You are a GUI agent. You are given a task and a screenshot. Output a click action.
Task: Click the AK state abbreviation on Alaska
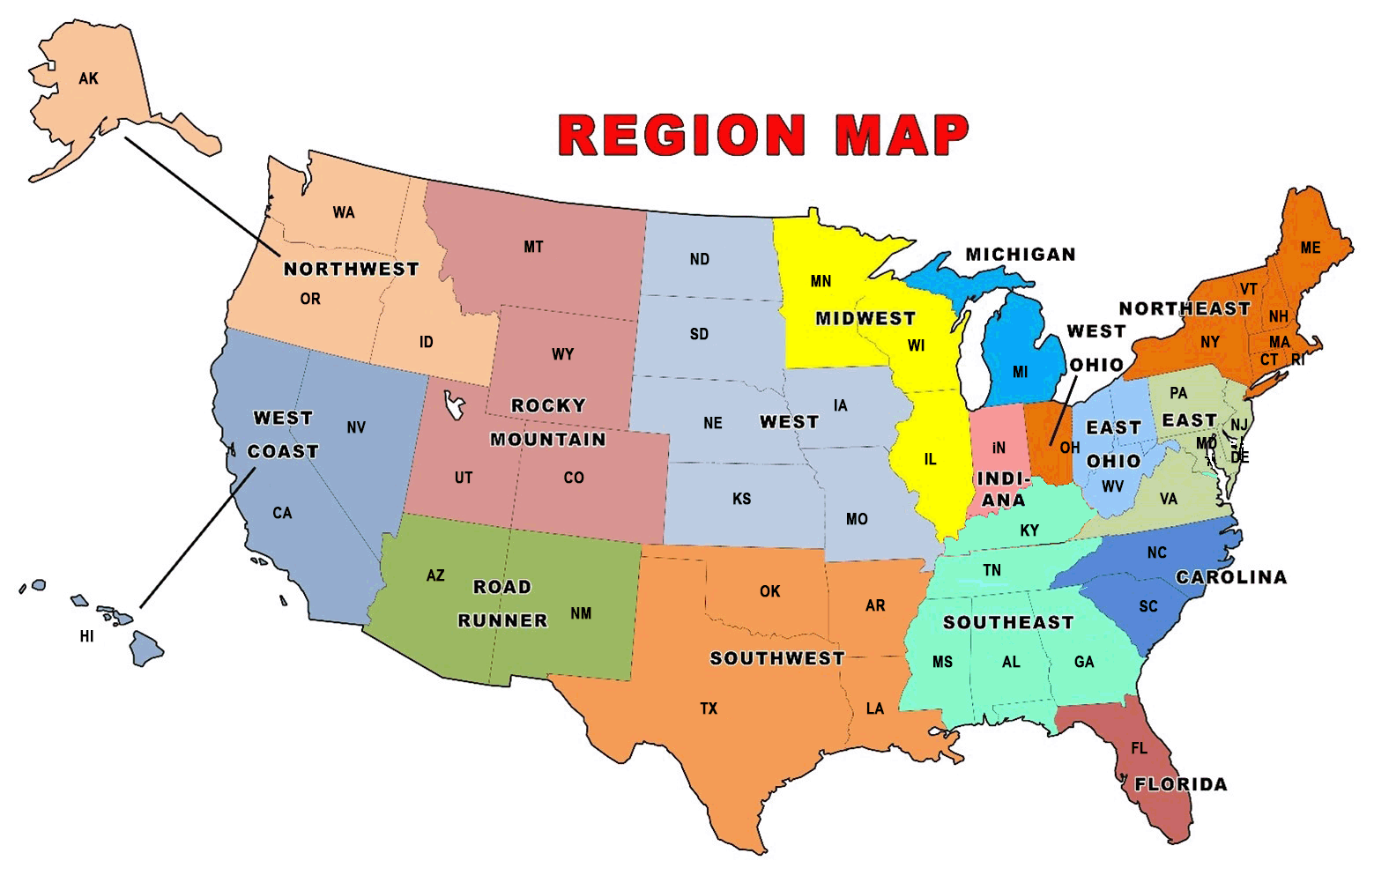pyautogui.click(x=88, y=79)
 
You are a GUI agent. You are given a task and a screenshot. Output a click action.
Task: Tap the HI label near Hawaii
pyautogui.click(x=86, y=636)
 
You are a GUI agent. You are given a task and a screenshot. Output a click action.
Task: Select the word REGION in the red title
pyautogui.click(x=681, y=135)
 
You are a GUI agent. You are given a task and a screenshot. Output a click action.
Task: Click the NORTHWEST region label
pyautogui.click(x=351, y=269)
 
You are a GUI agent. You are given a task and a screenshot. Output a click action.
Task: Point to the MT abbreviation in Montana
pyautogui.click(x=533, y=248)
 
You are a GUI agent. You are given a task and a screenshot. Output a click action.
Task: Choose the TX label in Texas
pyautogui.click(x=709, y=708)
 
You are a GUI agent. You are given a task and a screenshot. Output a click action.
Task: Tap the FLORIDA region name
pyautogui.click(x=1180, y=784)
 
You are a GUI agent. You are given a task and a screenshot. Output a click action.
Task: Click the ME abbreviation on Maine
pyautogui.click(x=1311, y=248)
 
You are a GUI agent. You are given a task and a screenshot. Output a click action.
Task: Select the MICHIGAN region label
pyautogui.click(x=1021, y=255)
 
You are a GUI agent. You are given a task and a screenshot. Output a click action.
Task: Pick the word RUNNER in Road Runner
pyautogui.click(x=502, y=620)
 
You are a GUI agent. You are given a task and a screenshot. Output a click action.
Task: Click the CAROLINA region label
pyautogui.click(x=1231, y=577)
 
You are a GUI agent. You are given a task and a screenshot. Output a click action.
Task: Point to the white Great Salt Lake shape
pyautogui.click(x=455, y=405)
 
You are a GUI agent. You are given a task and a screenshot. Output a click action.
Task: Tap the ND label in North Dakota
pyautogui.click(x=699, y=259)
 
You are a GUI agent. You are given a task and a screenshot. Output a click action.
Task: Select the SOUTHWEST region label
pyautogui.click(x=776, y=658)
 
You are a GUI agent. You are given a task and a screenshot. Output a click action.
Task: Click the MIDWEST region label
pyautogui.click(x=865, y=318)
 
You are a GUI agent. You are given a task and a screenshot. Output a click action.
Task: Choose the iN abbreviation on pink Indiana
pyautogui.click(x=999, y=448)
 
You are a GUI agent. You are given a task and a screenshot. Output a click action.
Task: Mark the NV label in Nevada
pyautogui.click(x=356, y=428)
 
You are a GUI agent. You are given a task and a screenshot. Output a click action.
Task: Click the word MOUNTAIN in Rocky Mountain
pyautogui.click(x=547, y=439)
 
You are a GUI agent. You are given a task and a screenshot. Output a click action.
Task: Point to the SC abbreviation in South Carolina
pyautogui.click(x=1148, y=606)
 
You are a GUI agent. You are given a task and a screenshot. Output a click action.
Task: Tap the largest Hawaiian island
pyautogui.click(x=146, y=649)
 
